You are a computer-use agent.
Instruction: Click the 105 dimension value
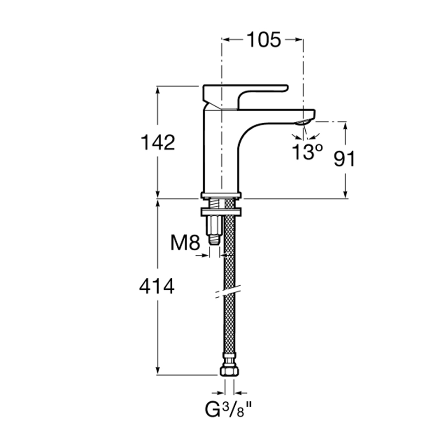click(264, 40)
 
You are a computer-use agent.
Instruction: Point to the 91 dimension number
click(344, 159)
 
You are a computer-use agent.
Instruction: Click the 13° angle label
click(307, 152)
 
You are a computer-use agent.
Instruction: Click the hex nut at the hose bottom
click(229, 371)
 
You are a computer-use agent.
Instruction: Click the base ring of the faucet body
click(221, 194)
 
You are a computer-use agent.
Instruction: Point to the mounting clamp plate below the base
click(221, 211)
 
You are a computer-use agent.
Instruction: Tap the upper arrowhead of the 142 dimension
click(158, 89)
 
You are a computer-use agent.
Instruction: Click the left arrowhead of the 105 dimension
click(225, 40)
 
